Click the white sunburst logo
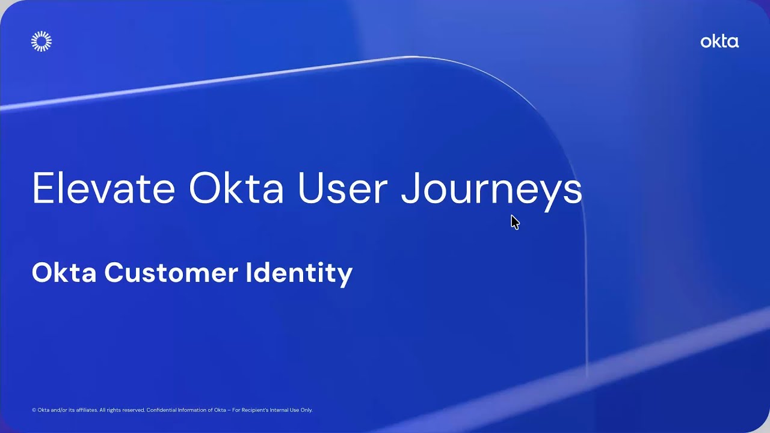[x=42, y=41]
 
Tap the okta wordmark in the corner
[x=719, y=41]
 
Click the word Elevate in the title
[x=103, y=188]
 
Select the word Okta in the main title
[x=236, y=188]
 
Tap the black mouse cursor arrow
[x=514, y=222]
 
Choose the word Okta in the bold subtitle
[x=64, y=272]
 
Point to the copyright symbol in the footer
[x=34, y=410]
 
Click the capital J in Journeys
[x=411, y=188]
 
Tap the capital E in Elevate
[x=40, y=188]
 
